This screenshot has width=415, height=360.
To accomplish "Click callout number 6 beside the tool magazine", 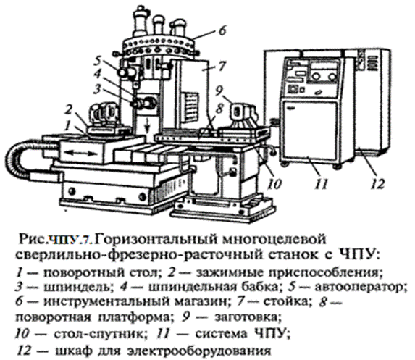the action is (x=223, y=30).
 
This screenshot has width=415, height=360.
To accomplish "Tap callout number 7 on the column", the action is (x=222, y=65).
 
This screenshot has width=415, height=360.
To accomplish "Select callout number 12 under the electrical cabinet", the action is (x=377, y=184).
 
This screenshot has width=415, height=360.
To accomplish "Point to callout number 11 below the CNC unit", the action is (x=321, y=184).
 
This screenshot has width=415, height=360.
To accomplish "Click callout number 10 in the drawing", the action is (x=274, y=184).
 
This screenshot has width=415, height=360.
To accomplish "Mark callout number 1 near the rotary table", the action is (x=68, y=125).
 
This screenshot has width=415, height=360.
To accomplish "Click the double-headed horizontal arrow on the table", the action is (x=80, y=154).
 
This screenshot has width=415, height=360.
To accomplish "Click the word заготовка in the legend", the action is (x=247, y=317).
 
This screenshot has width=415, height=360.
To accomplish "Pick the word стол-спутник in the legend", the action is (x=100, y=334).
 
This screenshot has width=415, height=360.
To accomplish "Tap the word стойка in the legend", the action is (x=286, y=301).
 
